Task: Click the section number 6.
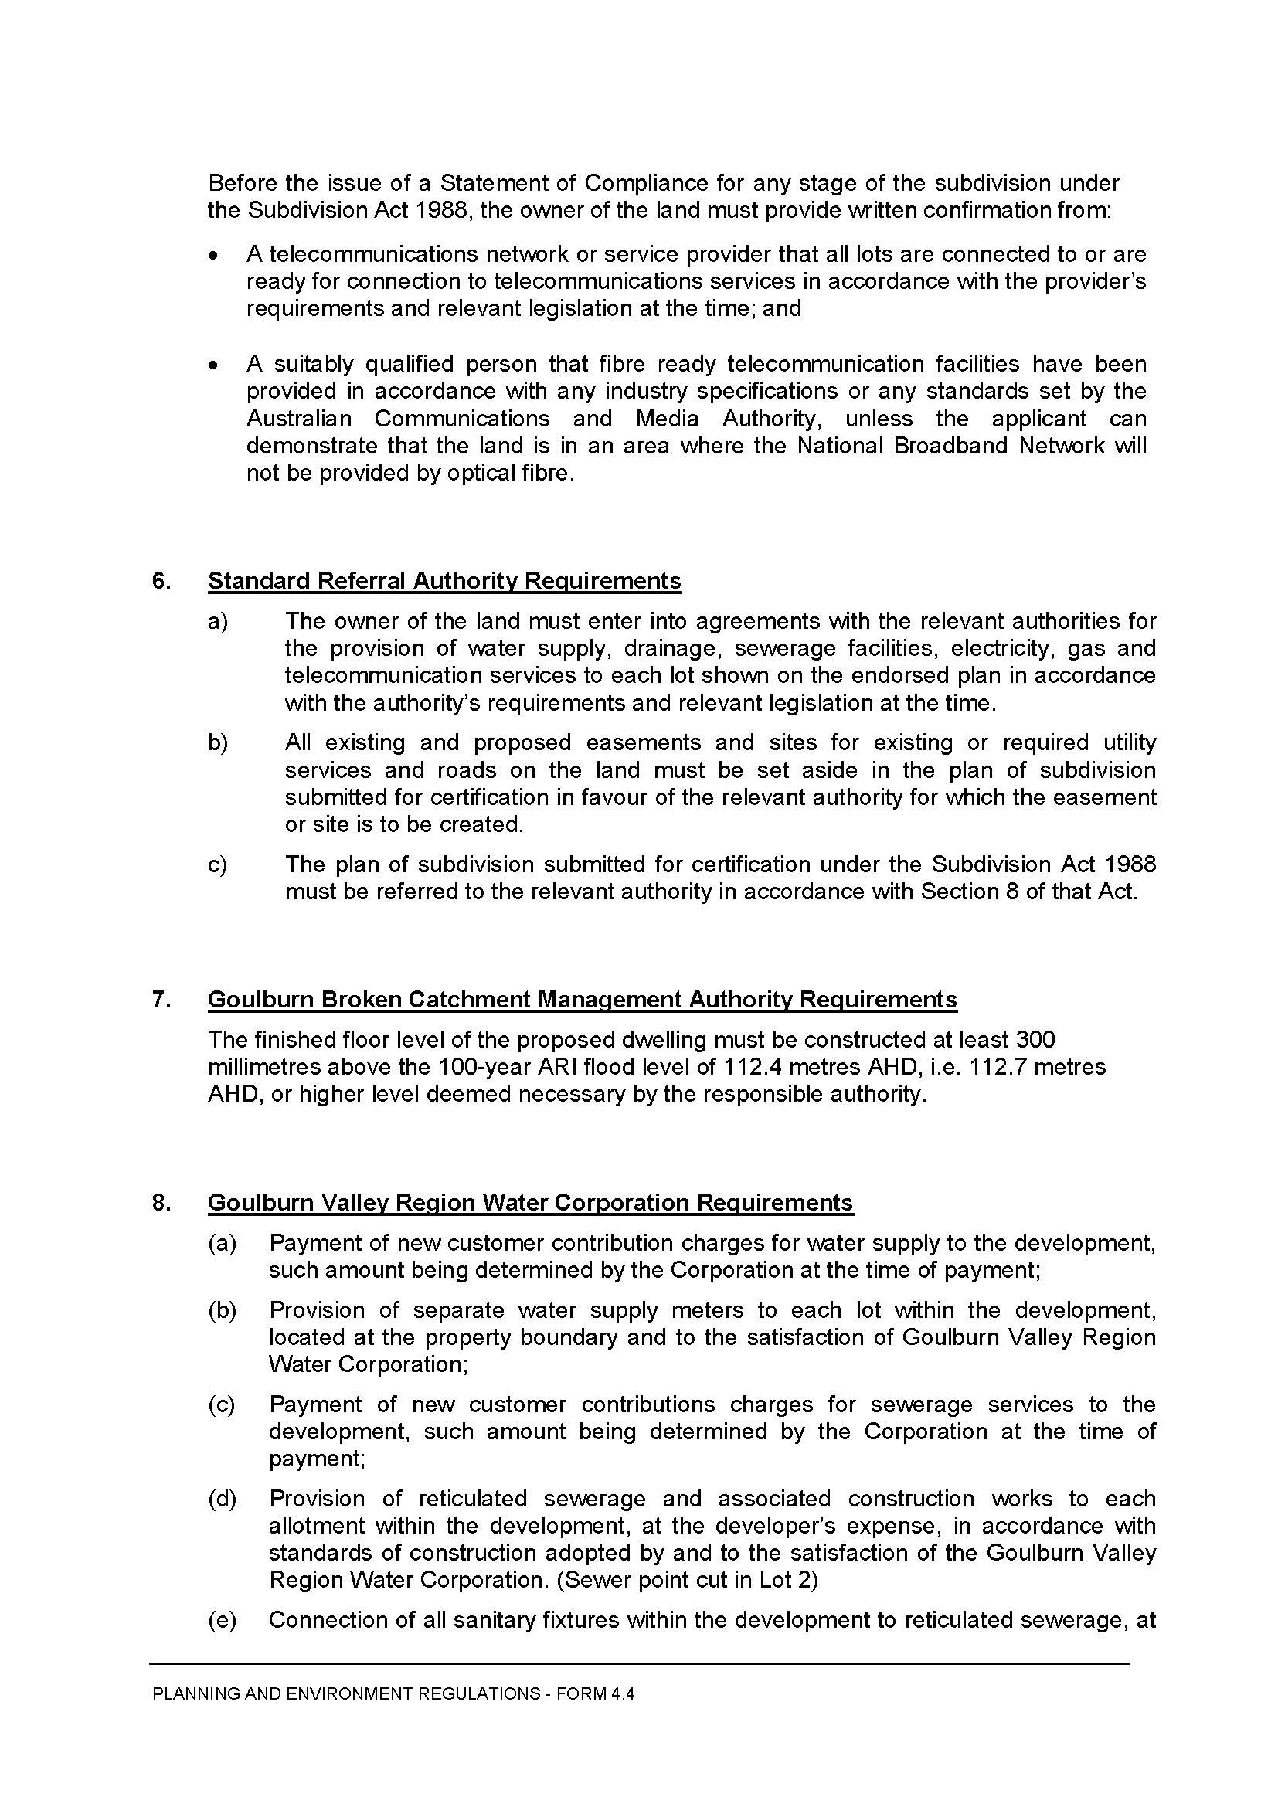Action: click(x=161, y=581)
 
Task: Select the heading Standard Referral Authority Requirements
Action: click(x=444, y=581)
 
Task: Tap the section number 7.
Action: click(x=161, y=1000)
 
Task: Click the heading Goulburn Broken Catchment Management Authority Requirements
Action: click(x=583, y=1000)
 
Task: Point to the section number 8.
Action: click(x=161, y=1203)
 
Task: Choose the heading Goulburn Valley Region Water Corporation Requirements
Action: click(x=530, y=1203)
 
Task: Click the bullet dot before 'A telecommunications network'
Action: click(x=212, y=256)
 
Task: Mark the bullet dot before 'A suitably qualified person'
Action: click(x=212, y=365)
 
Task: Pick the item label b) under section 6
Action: click(x=217, y=742)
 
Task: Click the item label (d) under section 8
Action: click(x=222, y=1499)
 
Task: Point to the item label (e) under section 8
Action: click(x=222, y=1620)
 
